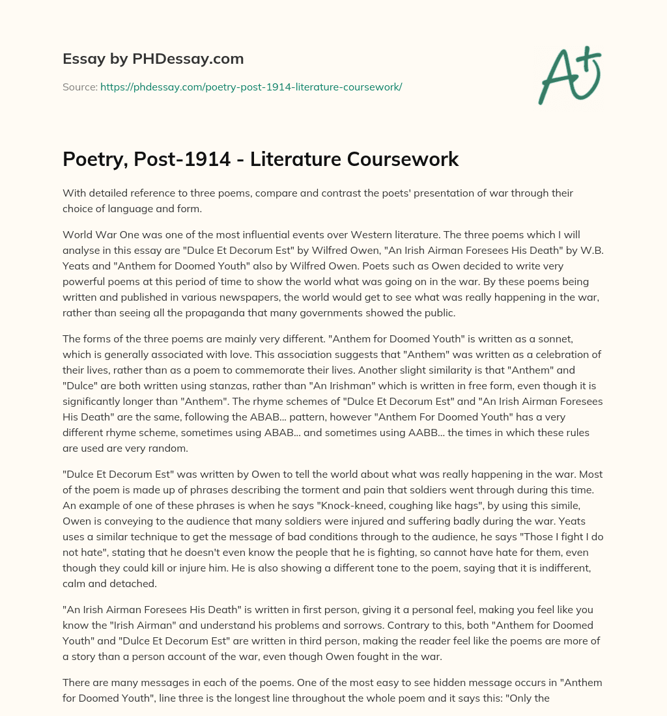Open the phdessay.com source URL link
(251, 87)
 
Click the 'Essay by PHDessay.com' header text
(153, 59)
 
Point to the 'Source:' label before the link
(79, 87)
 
